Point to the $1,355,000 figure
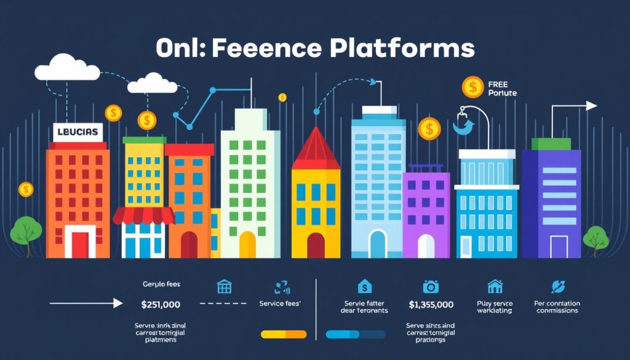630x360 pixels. point(431,304)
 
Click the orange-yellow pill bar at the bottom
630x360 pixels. point(284,334)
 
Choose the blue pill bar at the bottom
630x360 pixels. point(355,334)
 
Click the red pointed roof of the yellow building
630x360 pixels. point(316,150)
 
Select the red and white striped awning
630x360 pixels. point(144,215)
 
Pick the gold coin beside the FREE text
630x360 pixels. point(472,87)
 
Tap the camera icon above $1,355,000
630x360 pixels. point(430,286)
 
